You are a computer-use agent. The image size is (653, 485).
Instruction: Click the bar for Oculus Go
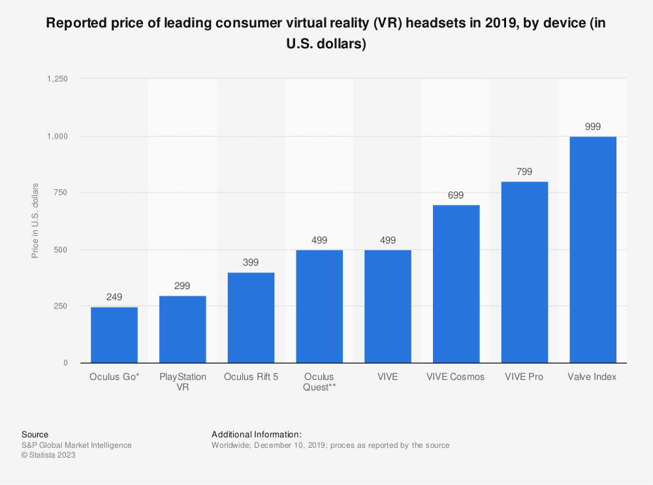tap(114, 335)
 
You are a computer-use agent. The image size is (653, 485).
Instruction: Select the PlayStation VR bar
tap(183, 330)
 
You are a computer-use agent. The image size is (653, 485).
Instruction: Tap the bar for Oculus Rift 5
tap(251, 318)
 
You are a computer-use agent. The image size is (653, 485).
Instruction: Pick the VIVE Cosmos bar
tap(456, 284)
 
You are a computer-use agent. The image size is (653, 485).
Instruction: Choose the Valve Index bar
tap(593, 250)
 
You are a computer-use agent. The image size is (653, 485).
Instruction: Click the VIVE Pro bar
tap(524, 272)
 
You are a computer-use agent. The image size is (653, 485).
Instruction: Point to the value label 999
tap(593, 127)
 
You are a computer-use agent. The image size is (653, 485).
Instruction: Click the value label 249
tap(114, 297)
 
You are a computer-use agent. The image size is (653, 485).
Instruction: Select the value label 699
tap(456, 195)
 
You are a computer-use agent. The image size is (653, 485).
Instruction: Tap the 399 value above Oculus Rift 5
tap(251, 262)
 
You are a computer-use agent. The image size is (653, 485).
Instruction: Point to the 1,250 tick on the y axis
tap(57, 79)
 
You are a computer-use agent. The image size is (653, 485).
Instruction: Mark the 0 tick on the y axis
tap(65, 363)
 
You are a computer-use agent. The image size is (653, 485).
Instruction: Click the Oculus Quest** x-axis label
tap(319, 382)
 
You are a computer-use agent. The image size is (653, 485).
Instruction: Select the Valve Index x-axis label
tap(593, 377)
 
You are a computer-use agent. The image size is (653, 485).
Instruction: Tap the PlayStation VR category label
tap(183, 382)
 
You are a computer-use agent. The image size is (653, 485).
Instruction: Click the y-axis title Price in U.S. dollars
tap(36, 221)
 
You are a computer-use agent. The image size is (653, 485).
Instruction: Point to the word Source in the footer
tap(35, 434)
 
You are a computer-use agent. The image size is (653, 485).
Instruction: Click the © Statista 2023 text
tap(48, 456)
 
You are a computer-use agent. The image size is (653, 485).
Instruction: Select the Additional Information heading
tap(257, 434)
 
